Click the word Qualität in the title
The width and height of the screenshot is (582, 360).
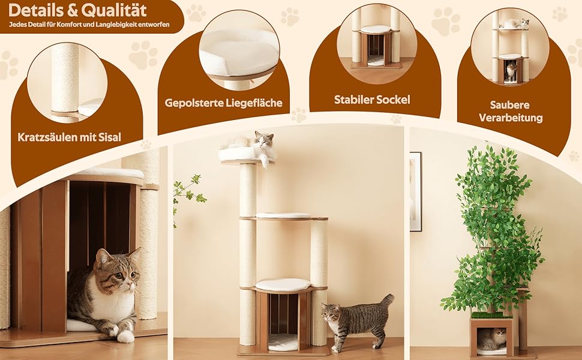[x=113, y=11]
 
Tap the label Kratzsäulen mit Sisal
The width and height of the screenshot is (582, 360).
[x=70, y=137]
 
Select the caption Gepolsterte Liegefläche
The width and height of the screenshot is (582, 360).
[x=223, y=103]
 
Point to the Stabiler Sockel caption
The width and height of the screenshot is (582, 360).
[x=372, y=100]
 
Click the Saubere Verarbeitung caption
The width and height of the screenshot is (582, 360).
[x=511, y=112]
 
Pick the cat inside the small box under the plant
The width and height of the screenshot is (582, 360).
[x=491, y=338]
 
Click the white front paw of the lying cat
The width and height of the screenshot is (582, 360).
[x=125, y=336]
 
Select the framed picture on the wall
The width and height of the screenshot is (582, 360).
[x=416, y=191]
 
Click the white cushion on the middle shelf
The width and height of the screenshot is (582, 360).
[x=283, y=215]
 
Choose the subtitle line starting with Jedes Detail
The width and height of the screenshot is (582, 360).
[x=89, y=25]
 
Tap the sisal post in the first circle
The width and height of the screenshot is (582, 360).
[x=65, y=79]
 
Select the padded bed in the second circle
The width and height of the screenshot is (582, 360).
[x=239, y=52]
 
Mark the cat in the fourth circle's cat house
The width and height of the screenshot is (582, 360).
[x=511, y=71]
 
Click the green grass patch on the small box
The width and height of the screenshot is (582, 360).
[x=491, y=316]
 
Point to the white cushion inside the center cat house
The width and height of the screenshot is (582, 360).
[x=283, y=341]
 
